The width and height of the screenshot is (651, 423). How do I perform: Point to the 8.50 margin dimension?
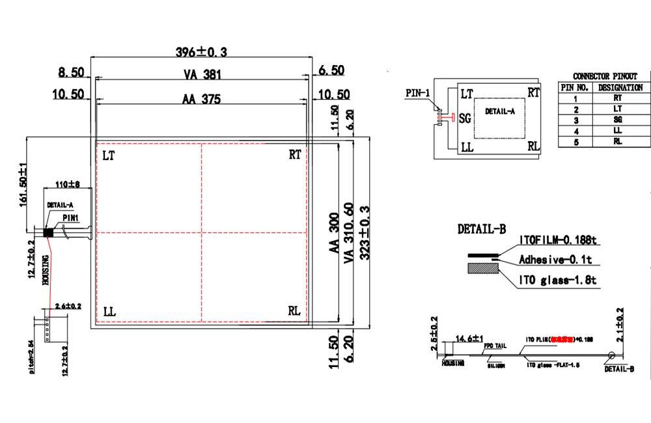70,71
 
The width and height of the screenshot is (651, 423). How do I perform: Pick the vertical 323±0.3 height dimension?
365,232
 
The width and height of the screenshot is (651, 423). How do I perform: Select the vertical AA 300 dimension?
333,233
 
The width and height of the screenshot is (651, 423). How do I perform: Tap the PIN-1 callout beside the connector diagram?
417,93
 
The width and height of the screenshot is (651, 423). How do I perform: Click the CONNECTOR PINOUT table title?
605,76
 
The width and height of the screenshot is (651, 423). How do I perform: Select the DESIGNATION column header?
620,87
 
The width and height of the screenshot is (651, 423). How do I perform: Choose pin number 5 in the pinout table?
575,142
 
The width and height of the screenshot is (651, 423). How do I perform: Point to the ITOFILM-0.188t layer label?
558,241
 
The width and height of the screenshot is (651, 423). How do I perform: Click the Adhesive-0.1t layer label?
555,260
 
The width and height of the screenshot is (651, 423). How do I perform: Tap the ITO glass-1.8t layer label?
558,280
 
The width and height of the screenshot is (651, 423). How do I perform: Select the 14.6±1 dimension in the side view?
469,338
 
